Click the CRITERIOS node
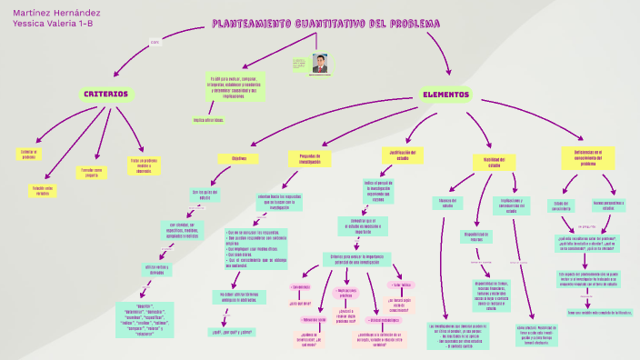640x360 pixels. [x=105, y=94]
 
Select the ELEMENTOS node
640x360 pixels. [x=445, y=95]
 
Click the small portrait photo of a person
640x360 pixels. [x=320, y=63]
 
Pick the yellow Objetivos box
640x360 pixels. [x=239, y=159]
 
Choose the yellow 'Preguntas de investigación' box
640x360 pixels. [x=310, y=158]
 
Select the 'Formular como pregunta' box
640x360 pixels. [x=91, y=171]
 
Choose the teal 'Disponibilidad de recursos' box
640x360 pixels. [x=483, y=236]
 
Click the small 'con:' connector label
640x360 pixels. [x=155, y=42]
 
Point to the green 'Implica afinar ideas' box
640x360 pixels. [x=208, y=120]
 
